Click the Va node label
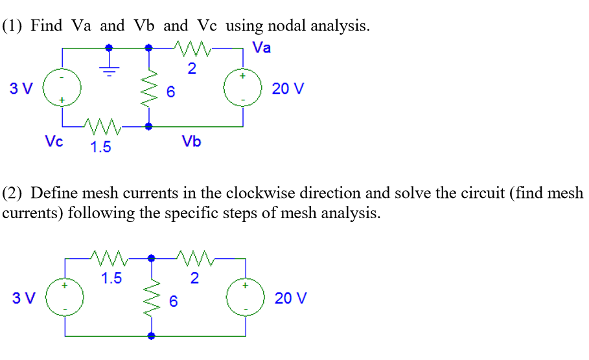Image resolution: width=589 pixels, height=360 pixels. (262, 48)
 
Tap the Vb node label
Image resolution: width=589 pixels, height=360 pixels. (191, 141)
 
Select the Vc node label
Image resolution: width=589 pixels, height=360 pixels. (54, 141)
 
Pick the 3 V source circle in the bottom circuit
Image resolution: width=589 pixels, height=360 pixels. (64, 298)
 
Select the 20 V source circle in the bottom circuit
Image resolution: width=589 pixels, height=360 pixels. (245, 298)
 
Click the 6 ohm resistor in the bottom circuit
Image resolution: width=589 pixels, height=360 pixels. (151, 298)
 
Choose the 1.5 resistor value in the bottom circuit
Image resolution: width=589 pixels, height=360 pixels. (111, 279)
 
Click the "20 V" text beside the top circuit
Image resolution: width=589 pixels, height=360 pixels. (287, 89)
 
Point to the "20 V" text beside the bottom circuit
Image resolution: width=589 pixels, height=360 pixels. (290, 298)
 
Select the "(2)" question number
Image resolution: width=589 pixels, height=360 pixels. (14, 193)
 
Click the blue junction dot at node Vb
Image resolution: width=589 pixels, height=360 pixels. (150, 127)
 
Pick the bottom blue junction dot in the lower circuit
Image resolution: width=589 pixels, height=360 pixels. (151, 337)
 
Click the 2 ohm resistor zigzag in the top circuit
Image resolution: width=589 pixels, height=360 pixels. (192, 47)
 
